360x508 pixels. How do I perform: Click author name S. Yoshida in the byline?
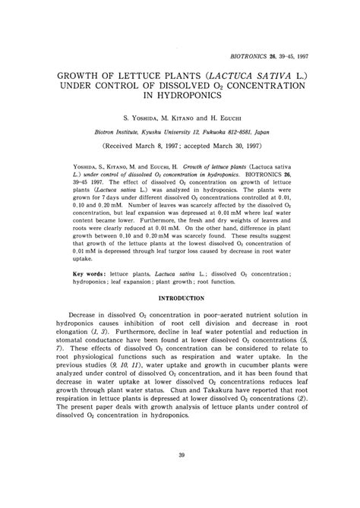pos(140,118)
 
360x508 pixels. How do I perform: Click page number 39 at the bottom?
pos(180,477)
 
